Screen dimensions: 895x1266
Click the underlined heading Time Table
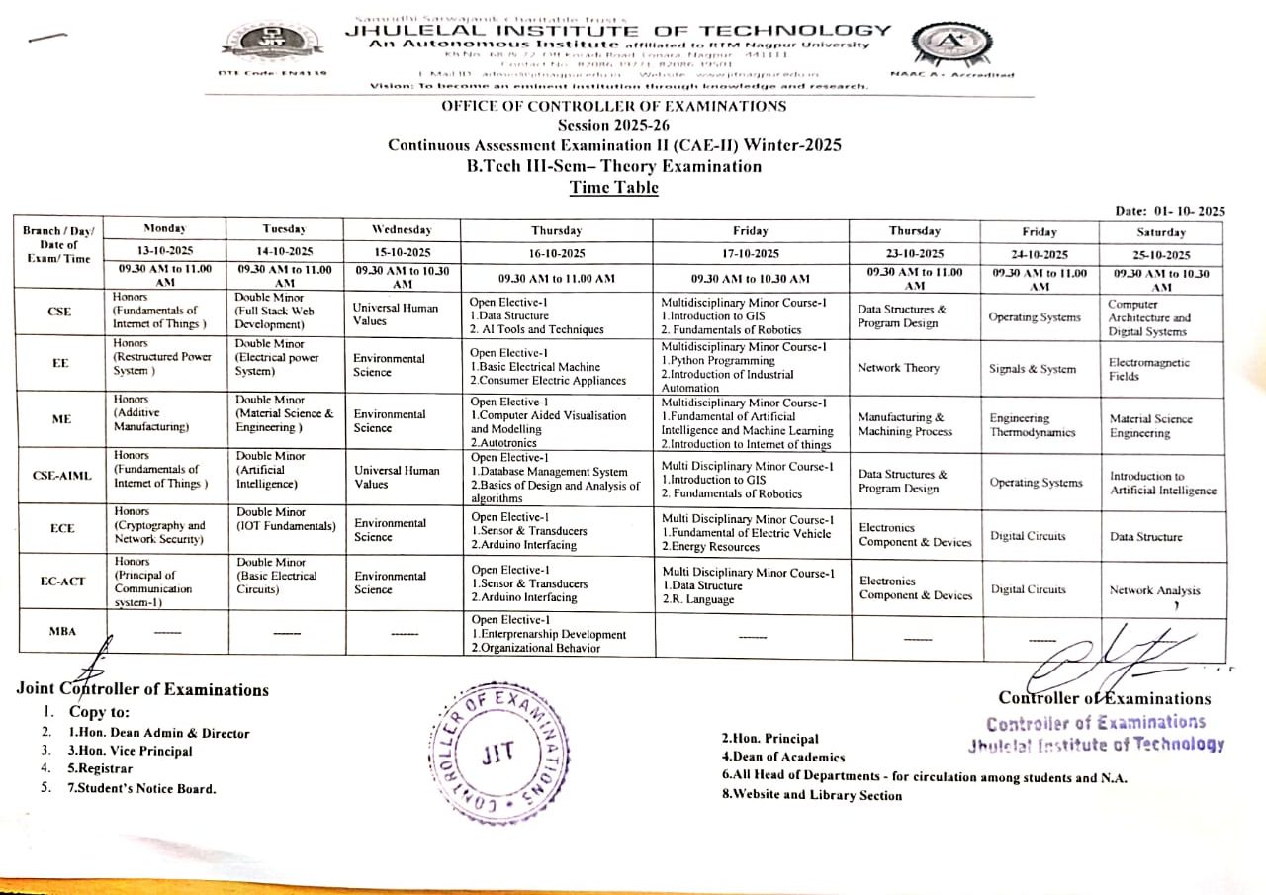pos(613,187)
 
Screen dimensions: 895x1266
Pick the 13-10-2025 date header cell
pos(166,251)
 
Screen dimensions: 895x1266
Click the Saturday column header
pos(1161,232)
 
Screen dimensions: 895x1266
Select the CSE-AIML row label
pos(61,476)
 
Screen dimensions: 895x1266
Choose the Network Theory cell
pos(898,368)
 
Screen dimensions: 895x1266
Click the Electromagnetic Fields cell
pos(1148,369)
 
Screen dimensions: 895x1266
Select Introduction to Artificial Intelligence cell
pos(1162,483)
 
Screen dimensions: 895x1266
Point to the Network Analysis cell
pos(1154,590)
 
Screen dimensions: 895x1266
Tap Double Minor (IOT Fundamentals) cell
pos(285,519)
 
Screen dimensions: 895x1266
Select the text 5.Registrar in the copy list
pos(99,768)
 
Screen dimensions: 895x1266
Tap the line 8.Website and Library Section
pos(812,795)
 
